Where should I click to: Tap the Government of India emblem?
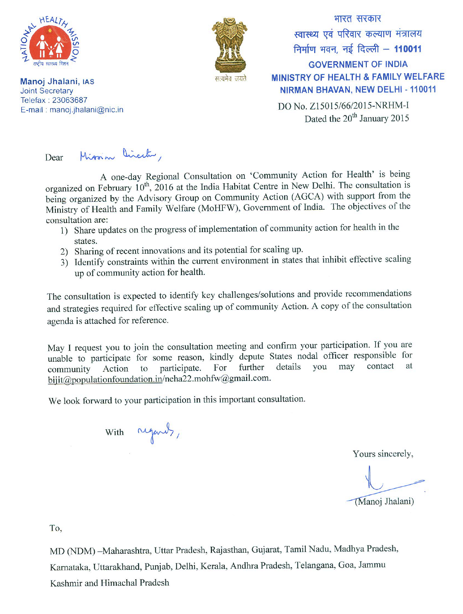(230, 45)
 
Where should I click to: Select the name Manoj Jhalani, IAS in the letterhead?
(57, 82)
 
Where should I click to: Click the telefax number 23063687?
(70, 100)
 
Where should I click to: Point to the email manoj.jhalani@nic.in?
(86, 110)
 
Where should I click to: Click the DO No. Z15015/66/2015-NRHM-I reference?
(343, 106)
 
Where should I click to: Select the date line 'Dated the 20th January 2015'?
(357, 118)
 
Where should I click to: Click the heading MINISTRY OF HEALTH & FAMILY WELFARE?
(358, 77)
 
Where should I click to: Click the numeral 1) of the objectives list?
(64, 231)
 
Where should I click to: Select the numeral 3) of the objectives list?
(64, 262)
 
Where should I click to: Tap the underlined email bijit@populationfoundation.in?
(105, 379)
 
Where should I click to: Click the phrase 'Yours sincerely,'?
(383, 454)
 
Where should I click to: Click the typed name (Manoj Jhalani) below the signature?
(384, 502)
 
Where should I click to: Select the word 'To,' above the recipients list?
(55, 528)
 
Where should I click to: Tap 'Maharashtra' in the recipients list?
(127, 551)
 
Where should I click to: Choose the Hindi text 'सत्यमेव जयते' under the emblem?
(230, 79)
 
